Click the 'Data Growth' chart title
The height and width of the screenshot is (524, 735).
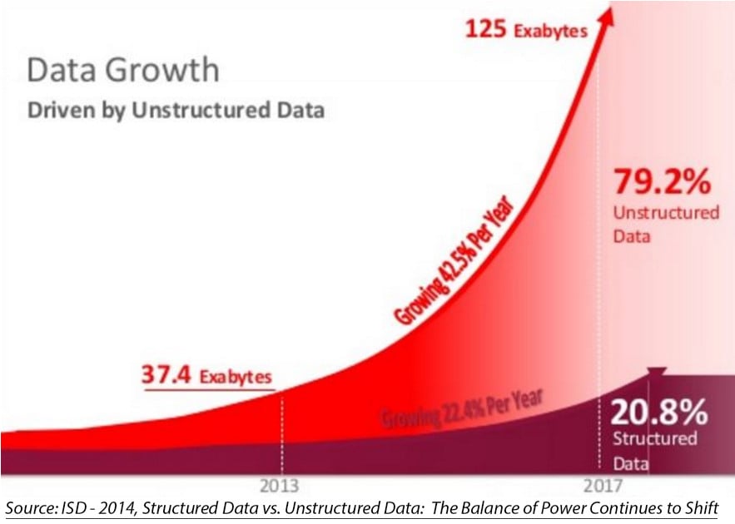coord(122,70)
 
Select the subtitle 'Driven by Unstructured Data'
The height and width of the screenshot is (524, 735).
coord(175,110)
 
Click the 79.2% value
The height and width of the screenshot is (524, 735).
coord(662,182)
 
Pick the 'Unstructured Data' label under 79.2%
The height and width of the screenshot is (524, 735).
coord(665,224)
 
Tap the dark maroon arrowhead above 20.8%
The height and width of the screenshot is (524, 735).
coord(657,374)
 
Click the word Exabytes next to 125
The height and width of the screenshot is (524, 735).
coord(550,32)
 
